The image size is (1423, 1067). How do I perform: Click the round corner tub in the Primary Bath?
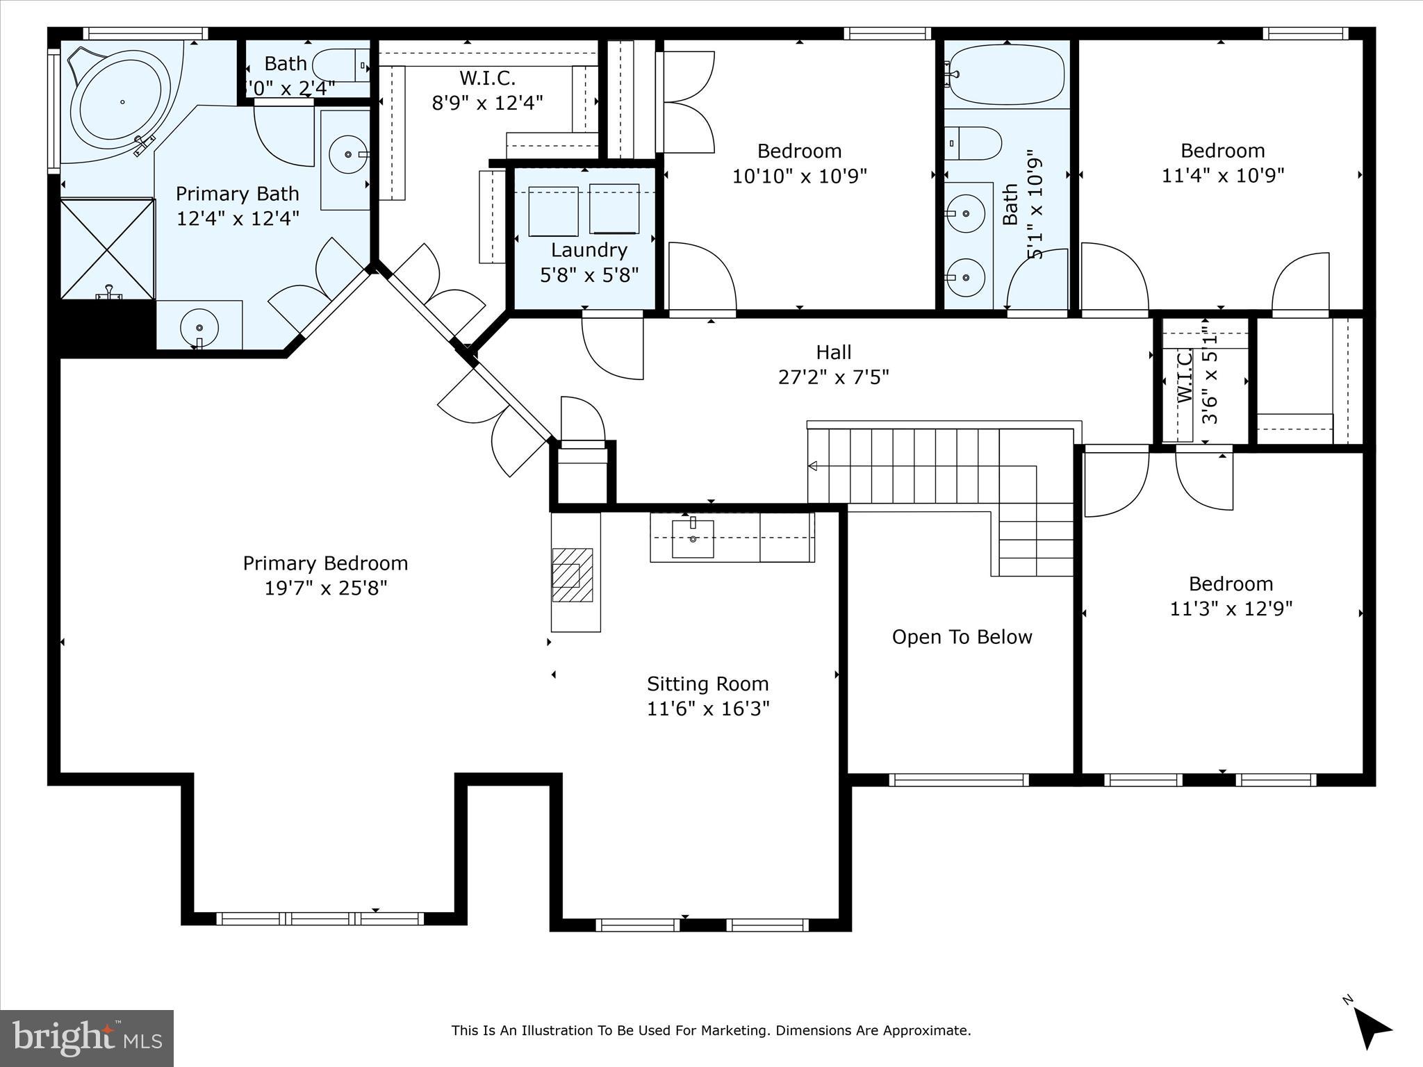coord(122,101)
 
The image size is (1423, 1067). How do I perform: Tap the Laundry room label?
coord(589,250)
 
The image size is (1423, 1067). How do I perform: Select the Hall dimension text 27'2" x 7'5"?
coord(833,377)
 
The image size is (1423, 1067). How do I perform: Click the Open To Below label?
coord(962,637)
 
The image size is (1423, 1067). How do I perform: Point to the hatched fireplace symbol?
coord(573,575)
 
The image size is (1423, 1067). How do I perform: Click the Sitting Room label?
coord(707,684)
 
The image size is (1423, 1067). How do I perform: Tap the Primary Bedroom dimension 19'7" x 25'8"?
coord(325,588)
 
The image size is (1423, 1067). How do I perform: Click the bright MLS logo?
coord(86,1039)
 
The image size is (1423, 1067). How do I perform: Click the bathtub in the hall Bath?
coord(1006,74)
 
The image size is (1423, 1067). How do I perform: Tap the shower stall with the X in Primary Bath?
coord(106,249)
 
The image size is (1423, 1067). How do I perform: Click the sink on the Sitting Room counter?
coord(693,538)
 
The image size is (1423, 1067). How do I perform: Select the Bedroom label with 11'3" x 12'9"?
coord(1231,584)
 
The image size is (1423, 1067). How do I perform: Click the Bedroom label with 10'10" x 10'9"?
coord(799,151)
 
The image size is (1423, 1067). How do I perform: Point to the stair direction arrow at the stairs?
coord(812,466)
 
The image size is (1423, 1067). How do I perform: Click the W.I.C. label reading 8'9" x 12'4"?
coord(487,78)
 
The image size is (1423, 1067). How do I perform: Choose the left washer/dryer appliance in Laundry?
coord(553,211)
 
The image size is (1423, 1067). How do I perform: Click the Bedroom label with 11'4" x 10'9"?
coord(1222,151)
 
